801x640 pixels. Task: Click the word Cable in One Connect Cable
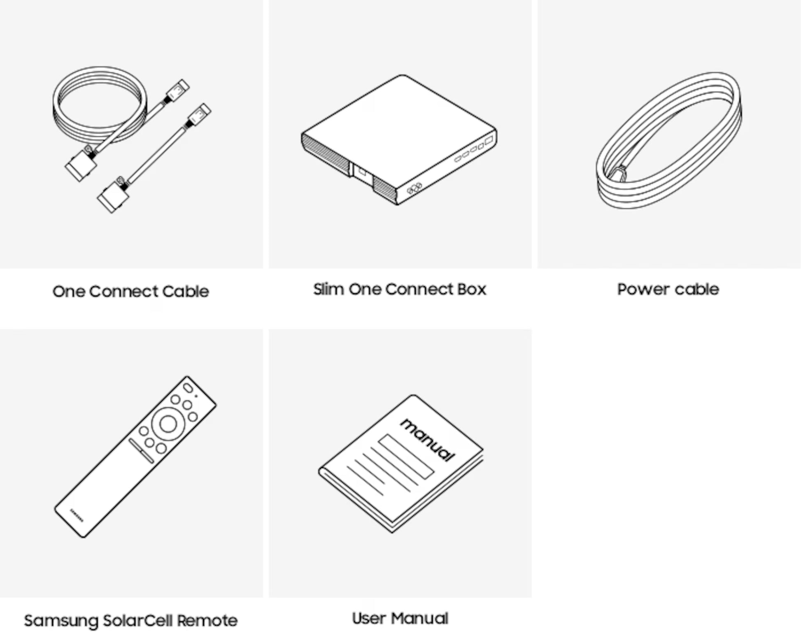[186, 291]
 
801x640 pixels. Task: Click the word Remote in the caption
[207, 620]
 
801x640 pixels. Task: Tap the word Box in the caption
[472, 289]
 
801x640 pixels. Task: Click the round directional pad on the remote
[168, 424]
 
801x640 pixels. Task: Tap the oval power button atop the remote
[188, 388]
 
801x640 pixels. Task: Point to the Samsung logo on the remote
[77, 515]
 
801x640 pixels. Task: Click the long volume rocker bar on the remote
[141, 451]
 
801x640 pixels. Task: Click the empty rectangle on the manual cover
[406, 457]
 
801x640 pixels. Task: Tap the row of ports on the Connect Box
[473, 148]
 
